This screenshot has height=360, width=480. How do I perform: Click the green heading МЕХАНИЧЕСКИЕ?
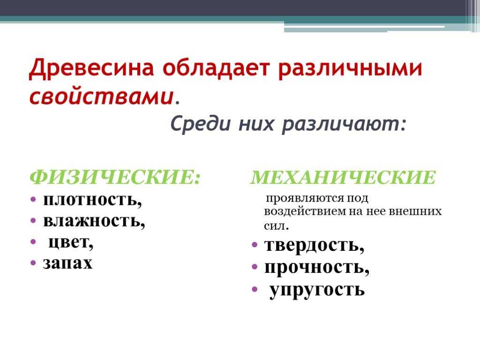(x=343, y=177)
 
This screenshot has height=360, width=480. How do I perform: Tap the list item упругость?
(x=317, y=290)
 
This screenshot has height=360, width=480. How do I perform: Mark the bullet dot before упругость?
(x=255, y=289)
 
